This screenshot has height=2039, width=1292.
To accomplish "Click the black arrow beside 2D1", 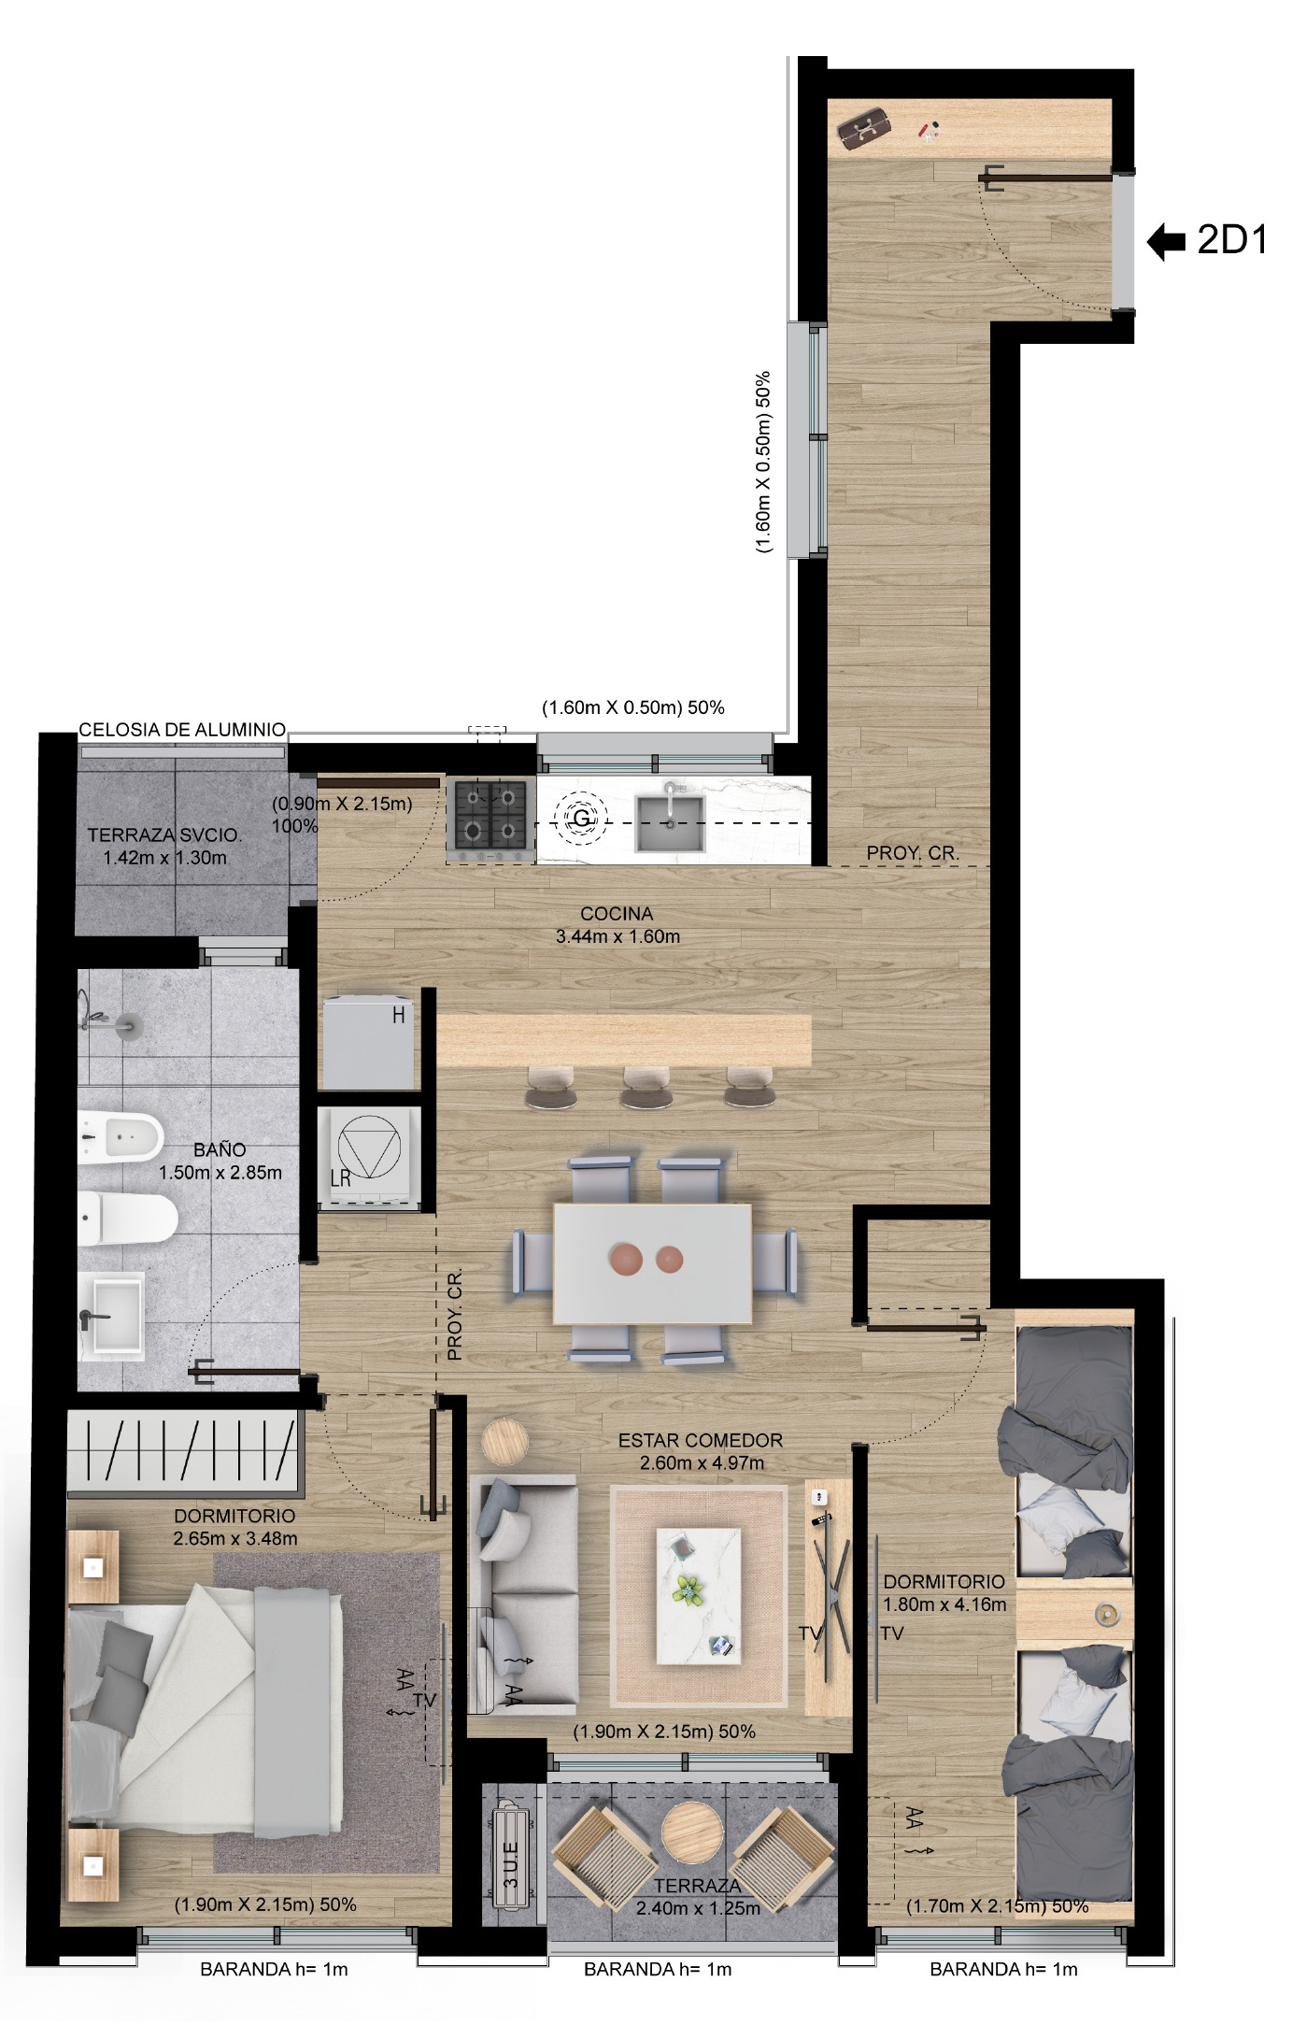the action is point(1166,242).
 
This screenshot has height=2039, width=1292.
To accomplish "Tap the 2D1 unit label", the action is point(1232,241).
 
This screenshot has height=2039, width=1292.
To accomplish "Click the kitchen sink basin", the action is point(669,822).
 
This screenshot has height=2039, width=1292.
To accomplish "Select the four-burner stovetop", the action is point(490,819).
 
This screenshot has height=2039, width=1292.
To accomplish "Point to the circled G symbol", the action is point(581,819).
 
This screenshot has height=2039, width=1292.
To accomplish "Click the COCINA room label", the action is point(617,914).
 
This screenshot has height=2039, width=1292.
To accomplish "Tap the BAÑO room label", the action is point(220,1149).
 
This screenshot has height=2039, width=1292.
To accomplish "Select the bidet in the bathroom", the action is point(121,1136).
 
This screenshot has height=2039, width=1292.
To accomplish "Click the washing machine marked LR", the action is point(368,1157).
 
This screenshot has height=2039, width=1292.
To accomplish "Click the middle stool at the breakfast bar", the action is point(647,1087).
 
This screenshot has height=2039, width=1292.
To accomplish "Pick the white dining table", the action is point(653,1263).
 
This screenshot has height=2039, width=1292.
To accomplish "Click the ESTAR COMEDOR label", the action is point(701,1440).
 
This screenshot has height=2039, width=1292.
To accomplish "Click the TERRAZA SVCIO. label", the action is point(164,834).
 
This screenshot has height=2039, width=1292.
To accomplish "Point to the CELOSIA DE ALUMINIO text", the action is point(182,730).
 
